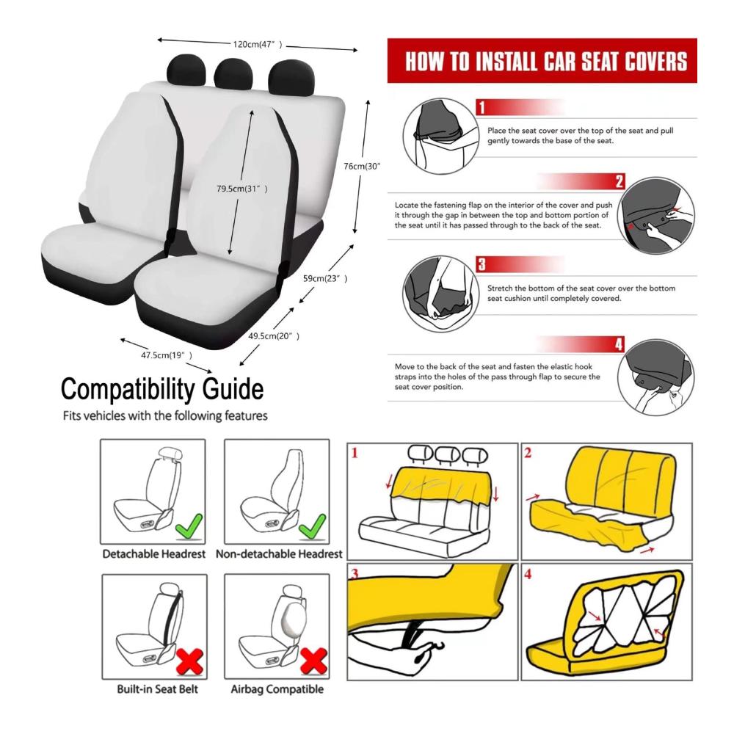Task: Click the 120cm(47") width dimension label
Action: (x=258, y=45)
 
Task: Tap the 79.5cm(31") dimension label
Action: (x=242, y=189)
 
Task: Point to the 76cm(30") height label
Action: (x=362, y=166)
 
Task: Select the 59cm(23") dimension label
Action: (x=325, y=278)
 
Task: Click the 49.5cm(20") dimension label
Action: (x=274, y=335)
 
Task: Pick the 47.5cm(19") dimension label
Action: (x=167, y=355)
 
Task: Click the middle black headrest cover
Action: (x=233, y=74)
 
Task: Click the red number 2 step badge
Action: (x=619, y=181)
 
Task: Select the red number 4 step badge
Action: (x=619, y=344)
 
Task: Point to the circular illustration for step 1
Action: (x=441, y=137)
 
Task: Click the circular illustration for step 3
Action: (x=441, y=294)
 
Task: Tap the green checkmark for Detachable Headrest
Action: (x=189, y=526)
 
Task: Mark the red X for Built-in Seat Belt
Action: (x=189, y=661)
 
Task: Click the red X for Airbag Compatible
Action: (x=313, y=661)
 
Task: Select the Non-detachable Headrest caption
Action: (x=279, y=554)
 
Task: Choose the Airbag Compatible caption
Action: (x=277, y=689)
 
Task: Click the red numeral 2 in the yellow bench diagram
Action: (x=528, y=453)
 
